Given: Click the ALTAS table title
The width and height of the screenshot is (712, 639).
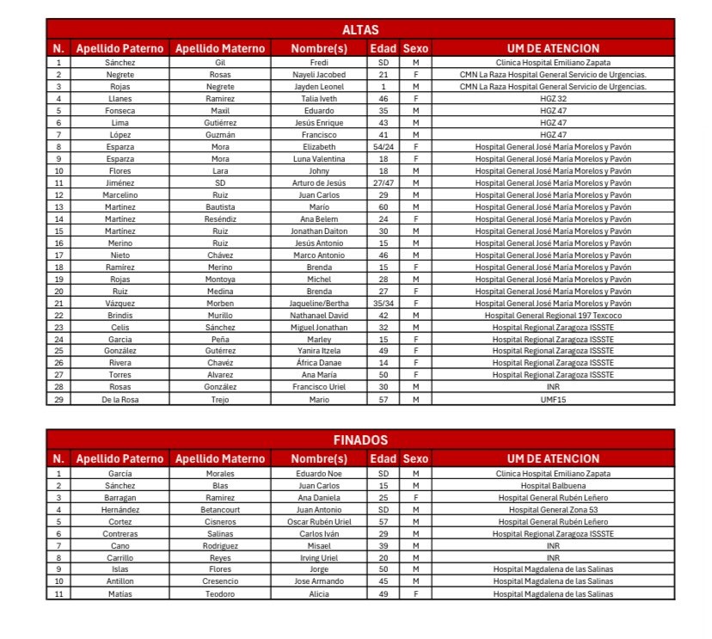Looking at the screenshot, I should click(360, 30).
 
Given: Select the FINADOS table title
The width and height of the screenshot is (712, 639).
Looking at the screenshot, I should click(360, 440).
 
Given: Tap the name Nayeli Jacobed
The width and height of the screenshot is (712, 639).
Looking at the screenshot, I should click(319, 75).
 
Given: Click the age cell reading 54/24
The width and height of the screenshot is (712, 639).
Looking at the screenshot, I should click(384, 147).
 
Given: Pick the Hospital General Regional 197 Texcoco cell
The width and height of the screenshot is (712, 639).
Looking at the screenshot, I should click(553, 316).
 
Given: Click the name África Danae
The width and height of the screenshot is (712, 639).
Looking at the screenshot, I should click(319, 364).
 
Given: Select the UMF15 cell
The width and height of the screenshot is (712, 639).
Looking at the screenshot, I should click(553, 400).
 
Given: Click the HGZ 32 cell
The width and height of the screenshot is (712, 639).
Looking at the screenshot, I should click(553, 99).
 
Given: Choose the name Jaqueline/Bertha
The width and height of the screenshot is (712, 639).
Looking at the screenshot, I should click(319, 304).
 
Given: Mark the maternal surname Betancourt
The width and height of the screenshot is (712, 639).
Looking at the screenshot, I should click(219, 509).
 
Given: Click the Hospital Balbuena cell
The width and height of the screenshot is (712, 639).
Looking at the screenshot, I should click(553, 485).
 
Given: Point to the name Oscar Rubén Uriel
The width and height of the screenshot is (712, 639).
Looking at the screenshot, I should click(319, 521).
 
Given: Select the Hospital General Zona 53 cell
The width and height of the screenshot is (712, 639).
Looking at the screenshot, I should click(553, 509).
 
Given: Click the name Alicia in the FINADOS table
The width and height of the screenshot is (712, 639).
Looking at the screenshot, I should click(319, 593).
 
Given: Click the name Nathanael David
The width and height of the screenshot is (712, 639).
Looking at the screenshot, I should click(319, 316).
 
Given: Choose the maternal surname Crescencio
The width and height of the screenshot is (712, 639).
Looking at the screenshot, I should click(219, 581).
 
